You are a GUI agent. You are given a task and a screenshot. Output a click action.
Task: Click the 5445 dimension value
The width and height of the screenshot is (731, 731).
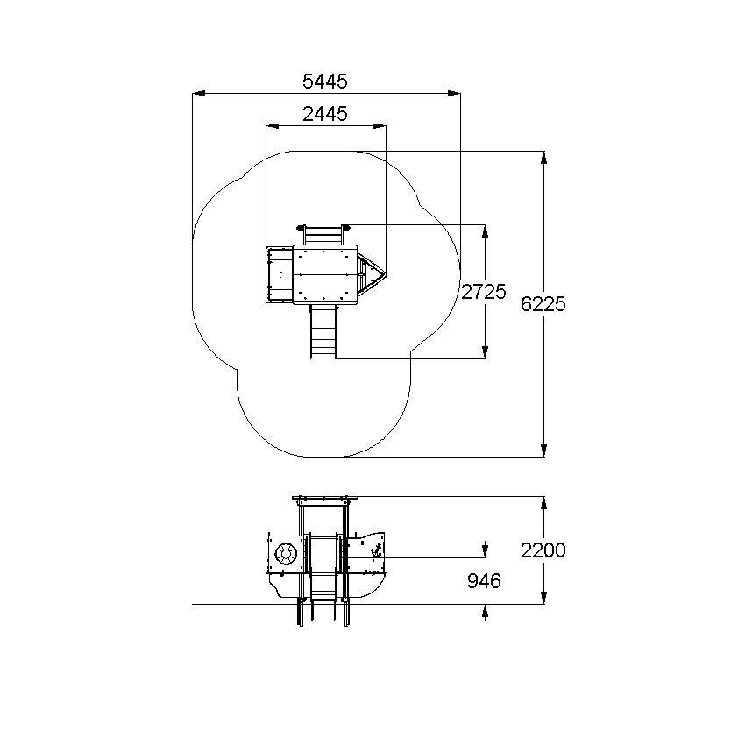[x=325, y=82]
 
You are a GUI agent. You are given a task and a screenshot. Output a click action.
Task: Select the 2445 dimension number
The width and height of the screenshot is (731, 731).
[x=325, y=114]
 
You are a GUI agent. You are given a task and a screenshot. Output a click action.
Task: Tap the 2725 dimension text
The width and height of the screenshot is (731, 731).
[x=484, y=292]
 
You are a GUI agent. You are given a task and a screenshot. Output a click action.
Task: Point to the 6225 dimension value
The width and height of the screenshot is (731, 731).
[x=543, y=304]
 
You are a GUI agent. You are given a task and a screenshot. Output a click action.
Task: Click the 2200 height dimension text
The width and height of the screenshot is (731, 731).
[x=543, y=550]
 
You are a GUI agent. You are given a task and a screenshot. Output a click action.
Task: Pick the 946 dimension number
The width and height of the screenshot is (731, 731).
[x=484, y=581]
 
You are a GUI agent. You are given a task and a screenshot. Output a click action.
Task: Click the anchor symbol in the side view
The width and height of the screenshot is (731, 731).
[x=376, y=550]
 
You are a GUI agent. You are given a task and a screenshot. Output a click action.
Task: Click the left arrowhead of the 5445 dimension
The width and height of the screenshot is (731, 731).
[x=199, y=94]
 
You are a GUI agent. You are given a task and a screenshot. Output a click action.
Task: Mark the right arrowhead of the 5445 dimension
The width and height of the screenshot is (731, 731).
[x=454, y=94]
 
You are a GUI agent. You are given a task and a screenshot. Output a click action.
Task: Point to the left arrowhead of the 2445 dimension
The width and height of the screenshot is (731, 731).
[x=273, y=126]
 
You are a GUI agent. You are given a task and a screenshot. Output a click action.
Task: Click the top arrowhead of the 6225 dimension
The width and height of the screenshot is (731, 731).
[x=543, y=158]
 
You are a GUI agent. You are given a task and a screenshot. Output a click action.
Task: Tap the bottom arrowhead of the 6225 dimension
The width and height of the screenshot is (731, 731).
[x=543, y=451]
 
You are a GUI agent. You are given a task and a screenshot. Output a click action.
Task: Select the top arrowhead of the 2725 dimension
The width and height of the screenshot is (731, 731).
[x=485, y=231]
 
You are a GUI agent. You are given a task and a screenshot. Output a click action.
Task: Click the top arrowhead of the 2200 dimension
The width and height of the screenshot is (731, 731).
[x=543, y=503]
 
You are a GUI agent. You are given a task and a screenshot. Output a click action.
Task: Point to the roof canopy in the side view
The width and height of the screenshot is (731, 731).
[x=320, y=499]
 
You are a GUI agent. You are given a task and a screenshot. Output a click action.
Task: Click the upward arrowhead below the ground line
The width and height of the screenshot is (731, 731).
[x=485, y=611]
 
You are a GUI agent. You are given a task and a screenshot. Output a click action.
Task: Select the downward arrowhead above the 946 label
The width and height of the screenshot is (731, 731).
[x=485, y=550]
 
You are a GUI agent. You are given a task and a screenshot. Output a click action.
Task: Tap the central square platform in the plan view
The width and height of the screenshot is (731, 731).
[x=325, y=274]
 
